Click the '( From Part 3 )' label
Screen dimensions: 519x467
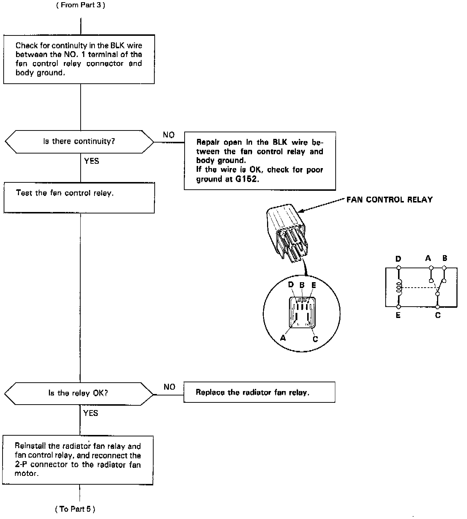pos(81,5)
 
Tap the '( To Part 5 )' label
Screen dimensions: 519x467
pos(75,509)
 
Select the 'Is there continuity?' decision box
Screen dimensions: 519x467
pos(79,141)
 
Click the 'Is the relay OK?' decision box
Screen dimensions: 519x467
pos(79,393)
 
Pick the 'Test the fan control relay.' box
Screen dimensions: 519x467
pos(79,198)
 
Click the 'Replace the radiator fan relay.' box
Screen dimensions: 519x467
pos(259,393)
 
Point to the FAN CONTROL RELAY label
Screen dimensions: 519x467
pos(389,200)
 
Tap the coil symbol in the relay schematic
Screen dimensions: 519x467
pos(399,287)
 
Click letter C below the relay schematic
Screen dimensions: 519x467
pos(438,315)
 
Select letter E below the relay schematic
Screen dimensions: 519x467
pos(398,315)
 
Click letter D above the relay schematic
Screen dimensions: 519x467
pos(398,259)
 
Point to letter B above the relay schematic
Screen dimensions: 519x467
pos(445,258)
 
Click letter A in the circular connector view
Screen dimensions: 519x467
pos(283,338)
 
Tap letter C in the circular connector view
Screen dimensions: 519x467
pos(315,339)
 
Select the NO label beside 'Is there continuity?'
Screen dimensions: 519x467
pos(169,135)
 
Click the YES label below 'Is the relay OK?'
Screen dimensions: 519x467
pos(91,413)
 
